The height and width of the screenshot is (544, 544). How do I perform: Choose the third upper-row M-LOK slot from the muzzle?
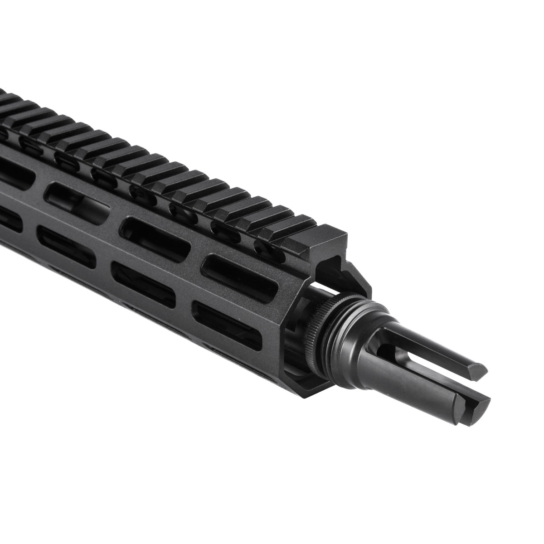coord(79,197)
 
